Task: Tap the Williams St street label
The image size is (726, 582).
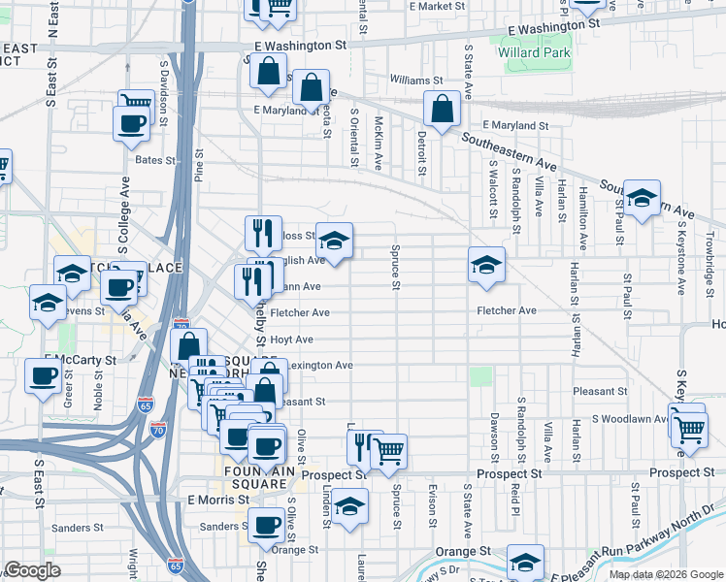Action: click(416, 81)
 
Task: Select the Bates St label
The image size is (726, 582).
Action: click(155, 160)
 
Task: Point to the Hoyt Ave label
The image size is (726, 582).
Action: click(291, 339)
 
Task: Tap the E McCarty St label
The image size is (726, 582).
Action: click(87, 360)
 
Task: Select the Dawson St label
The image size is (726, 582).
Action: click(494, 437)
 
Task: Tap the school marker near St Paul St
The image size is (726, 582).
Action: click(642, 199)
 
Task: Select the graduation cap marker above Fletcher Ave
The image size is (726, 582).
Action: click(486, 265)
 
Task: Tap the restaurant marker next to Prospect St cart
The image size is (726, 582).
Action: click(361, 447)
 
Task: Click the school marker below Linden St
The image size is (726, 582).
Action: click(349, 505)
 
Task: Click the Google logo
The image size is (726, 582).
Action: click(33, 571)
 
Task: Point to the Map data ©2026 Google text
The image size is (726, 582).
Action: click(666, 574)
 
